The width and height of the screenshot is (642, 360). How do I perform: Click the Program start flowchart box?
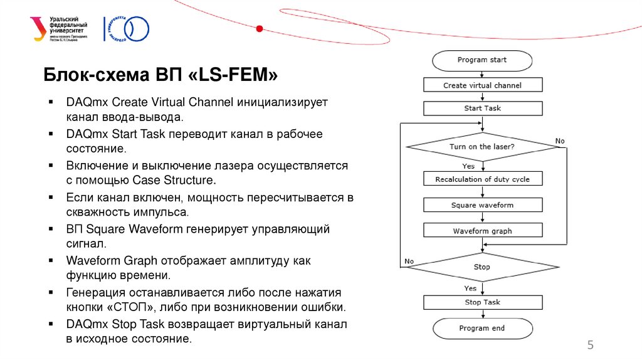click(481, 60)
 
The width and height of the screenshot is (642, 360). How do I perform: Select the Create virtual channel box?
click(482, 85)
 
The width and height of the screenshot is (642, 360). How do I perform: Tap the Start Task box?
click(482, 109)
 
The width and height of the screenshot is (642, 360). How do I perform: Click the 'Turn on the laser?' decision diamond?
click(482, 147)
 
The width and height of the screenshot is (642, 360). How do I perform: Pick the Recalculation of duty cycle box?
click(482, 179)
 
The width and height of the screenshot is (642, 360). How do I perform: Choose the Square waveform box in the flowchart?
click(482, 205)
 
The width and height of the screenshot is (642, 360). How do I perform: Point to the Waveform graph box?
click(482, 231)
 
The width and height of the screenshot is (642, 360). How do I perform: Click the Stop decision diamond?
click(482, 267)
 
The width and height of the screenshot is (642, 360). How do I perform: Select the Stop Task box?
click(482, 302)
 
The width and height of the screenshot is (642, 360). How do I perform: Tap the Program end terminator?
click(481, 328)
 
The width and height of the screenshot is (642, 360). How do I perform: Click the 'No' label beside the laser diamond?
click(560, 141)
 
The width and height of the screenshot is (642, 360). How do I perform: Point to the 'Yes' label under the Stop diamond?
click(470, 289)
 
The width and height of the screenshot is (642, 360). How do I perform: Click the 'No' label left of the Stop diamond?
click(409, 261)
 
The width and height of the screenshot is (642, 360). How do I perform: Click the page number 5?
click(590, 345)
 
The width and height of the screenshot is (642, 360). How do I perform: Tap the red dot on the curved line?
click(260, 28)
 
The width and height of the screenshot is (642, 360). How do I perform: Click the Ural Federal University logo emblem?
click(38, 28)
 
